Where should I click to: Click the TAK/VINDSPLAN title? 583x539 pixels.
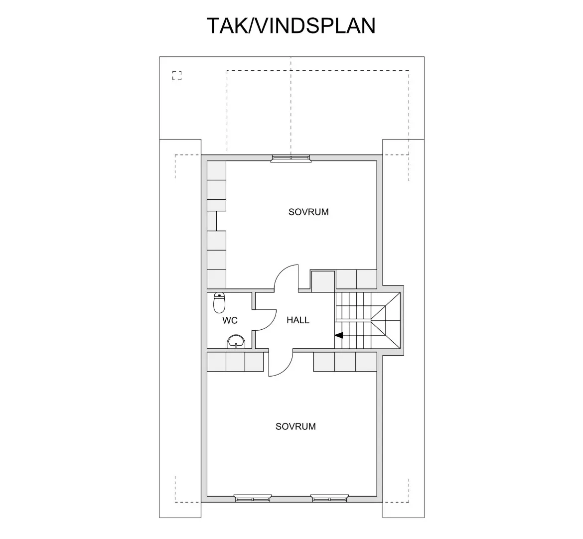(x=291, y=26)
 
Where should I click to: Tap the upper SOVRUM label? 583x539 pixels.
(x=308, y=212)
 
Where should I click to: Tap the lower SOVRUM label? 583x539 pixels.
(x=295, y=426)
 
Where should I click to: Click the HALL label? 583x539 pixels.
(x=298, y=320)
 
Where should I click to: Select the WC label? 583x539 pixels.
(x=230, y=321)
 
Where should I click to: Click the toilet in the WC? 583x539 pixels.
(x=220, y=302)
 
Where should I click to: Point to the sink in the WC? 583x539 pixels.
(x=236, y=342)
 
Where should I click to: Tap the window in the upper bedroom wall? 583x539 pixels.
(x=291, y=158)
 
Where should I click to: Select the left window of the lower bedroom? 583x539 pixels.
(x=253, y=498)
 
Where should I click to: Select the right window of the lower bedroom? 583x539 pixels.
(x=329, y=498)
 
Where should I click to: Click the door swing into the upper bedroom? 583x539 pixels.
(x=287, y=277)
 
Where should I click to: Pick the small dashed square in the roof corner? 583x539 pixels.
(x=177, y=76)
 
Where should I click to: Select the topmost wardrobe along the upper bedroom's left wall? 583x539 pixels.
(x=217, y=170)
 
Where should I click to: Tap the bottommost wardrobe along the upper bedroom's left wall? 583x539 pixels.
(x=217, y=278)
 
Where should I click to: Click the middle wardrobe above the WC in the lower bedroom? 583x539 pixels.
(x=235, y=362)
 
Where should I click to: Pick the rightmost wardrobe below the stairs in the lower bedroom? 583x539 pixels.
(x=366, y=362)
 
